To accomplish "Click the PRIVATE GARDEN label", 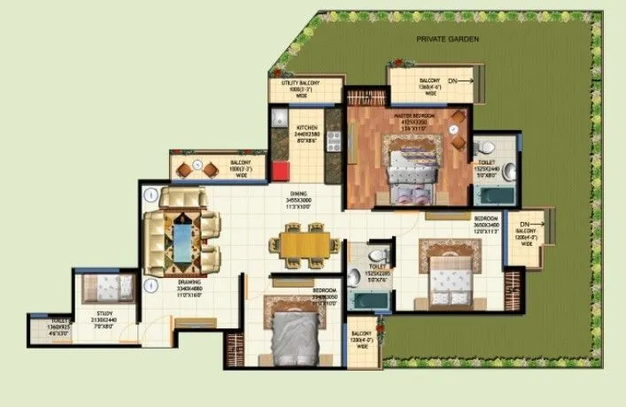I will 449,41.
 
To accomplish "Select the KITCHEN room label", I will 307,127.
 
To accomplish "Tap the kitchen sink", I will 277,119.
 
